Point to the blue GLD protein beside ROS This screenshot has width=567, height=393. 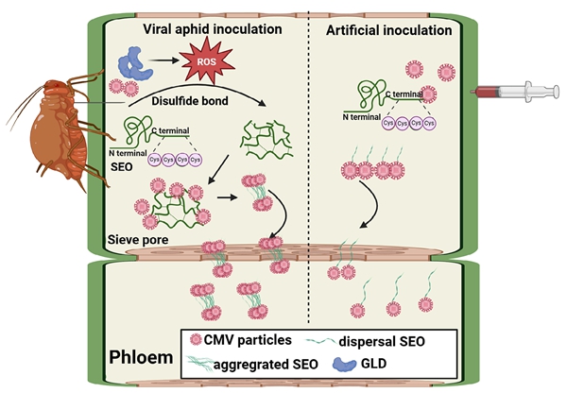(x=128, y=67)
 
